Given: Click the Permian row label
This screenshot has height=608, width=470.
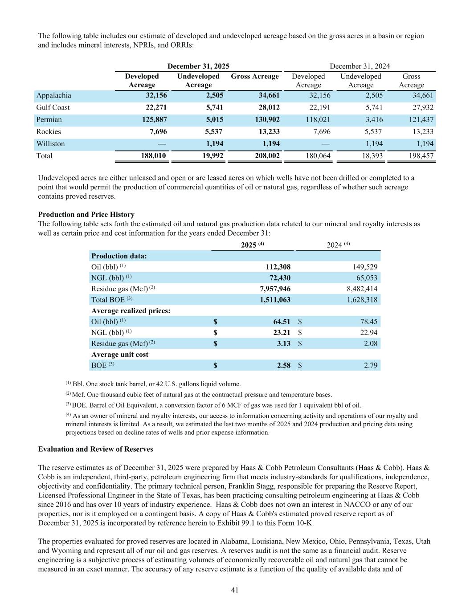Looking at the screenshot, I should tap(49, 120).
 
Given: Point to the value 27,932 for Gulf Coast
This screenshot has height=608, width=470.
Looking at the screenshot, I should tap(421, 108).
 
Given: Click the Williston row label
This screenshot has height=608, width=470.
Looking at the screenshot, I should tap(50, 144).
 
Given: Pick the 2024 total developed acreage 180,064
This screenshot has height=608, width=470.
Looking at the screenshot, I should tap(316, 156).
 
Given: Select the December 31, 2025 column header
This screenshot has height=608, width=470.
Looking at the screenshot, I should tap(198, 66).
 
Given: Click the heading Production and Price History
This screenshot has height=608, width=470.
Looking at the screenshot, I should tap(86, 215).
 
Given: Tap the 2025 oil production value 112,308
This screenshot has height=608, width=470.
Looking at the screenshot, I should tap(275, 267).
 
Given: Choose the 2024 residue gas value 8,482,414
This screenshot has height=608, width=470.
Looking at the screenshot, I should tap(362, 289).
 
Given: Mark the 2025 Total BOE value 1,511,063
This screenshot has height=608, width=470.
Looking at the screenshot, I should tap(275, 300).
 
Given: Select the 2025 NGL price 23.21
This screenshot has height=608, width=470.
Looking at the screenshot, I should tap(282, 332).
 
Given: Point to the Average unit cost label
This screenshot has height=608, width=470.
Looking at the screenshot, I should tap(120, 355).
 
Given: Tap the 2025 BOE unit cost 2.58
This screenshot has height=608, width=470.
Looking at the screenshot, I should tap(283, 366).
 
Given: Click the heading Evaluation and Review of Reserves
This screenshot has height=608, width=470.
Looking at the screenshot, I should tap(96, 449).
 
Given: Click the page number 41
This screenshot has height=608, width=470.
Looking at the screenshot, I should tap(235, 590).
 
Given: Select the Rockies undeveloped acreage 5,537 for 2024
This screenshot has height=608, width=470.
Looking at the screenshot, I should tap(373, 132).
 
